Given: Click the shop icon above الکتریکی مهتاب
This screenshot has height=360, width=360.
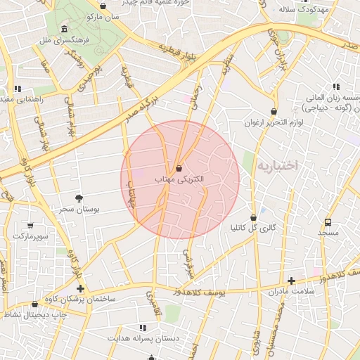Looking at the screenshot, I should pos(179,169).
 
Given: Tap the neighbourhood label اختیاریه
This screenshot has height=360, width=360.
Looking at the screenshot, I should pos(277,165).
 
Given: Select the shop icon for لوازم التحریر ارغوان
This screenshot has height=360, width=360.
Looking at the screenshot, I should pos(274,111).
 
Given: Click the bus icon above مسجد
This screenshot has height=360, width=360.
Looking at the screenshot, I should pos(328,221).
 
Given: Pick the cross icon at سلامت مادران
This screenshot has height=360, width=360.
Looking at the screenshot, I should pos(291,281).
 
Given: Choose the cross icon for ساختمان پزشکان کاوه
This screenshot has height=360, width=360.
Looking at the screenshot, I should pos(80,288).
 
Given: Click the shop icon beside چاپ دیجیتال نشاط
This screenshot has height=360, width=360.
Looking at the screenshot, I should pos(35,304).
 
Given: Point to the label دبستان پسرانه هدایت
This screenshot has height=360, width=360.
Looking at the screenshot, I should pos(143,338).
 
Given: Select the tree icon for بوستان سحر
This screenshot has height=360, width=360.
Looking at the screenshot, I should pos(79,199).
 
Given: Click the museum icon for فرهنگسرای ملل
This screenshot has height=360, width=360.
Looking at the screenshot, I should pos(64,30).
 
